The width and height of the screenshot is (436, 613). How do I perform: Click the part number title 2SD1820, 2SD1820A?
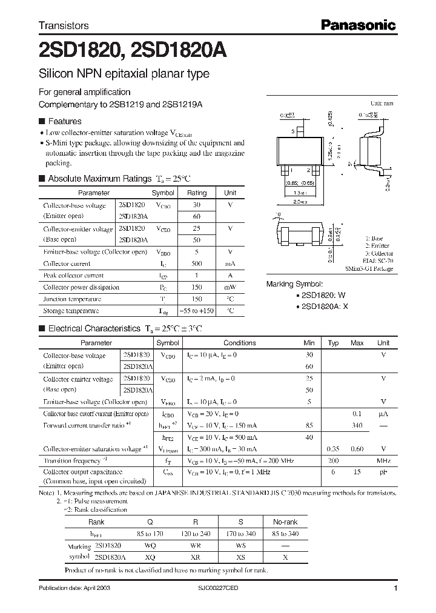click(x=133, y=51)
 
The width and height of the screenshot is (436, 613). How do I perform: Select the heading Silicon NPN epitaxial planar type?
click(x=124, y=74)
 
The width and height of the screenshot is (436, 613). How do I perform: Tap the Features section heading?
click(x=64, y=121)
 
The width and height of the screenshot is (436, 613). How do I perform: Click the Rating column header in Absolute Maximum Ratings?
click(x=197, y=193)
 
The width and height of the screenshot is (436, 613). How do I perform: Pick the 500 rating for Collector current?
click(x=197, y=263)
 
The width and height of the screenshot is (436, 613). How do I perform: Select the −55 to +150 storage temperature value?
click(x=197, y=311)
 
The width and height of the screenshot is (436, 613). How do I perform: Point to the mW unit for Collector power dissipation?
click(x=230, y=287)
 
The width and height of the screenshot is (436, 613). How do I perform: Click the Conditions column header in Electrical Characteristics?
click(x=239, y=343)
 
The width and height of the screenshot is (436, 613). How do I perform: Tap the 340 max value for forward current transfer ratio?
click(x=357, y=426)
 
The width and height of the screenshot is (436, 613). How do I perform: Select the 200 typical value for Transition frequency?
click(x=332, y=460)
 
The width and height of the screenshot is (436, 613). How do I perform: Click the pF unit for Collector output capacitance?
click(x=383, y=472)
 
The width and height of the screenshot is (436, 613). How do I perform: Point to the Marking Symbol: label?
click(x=294, y=283)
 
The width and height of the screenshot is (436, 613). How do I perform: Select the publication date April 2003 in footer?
click(x=75, y=588)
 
